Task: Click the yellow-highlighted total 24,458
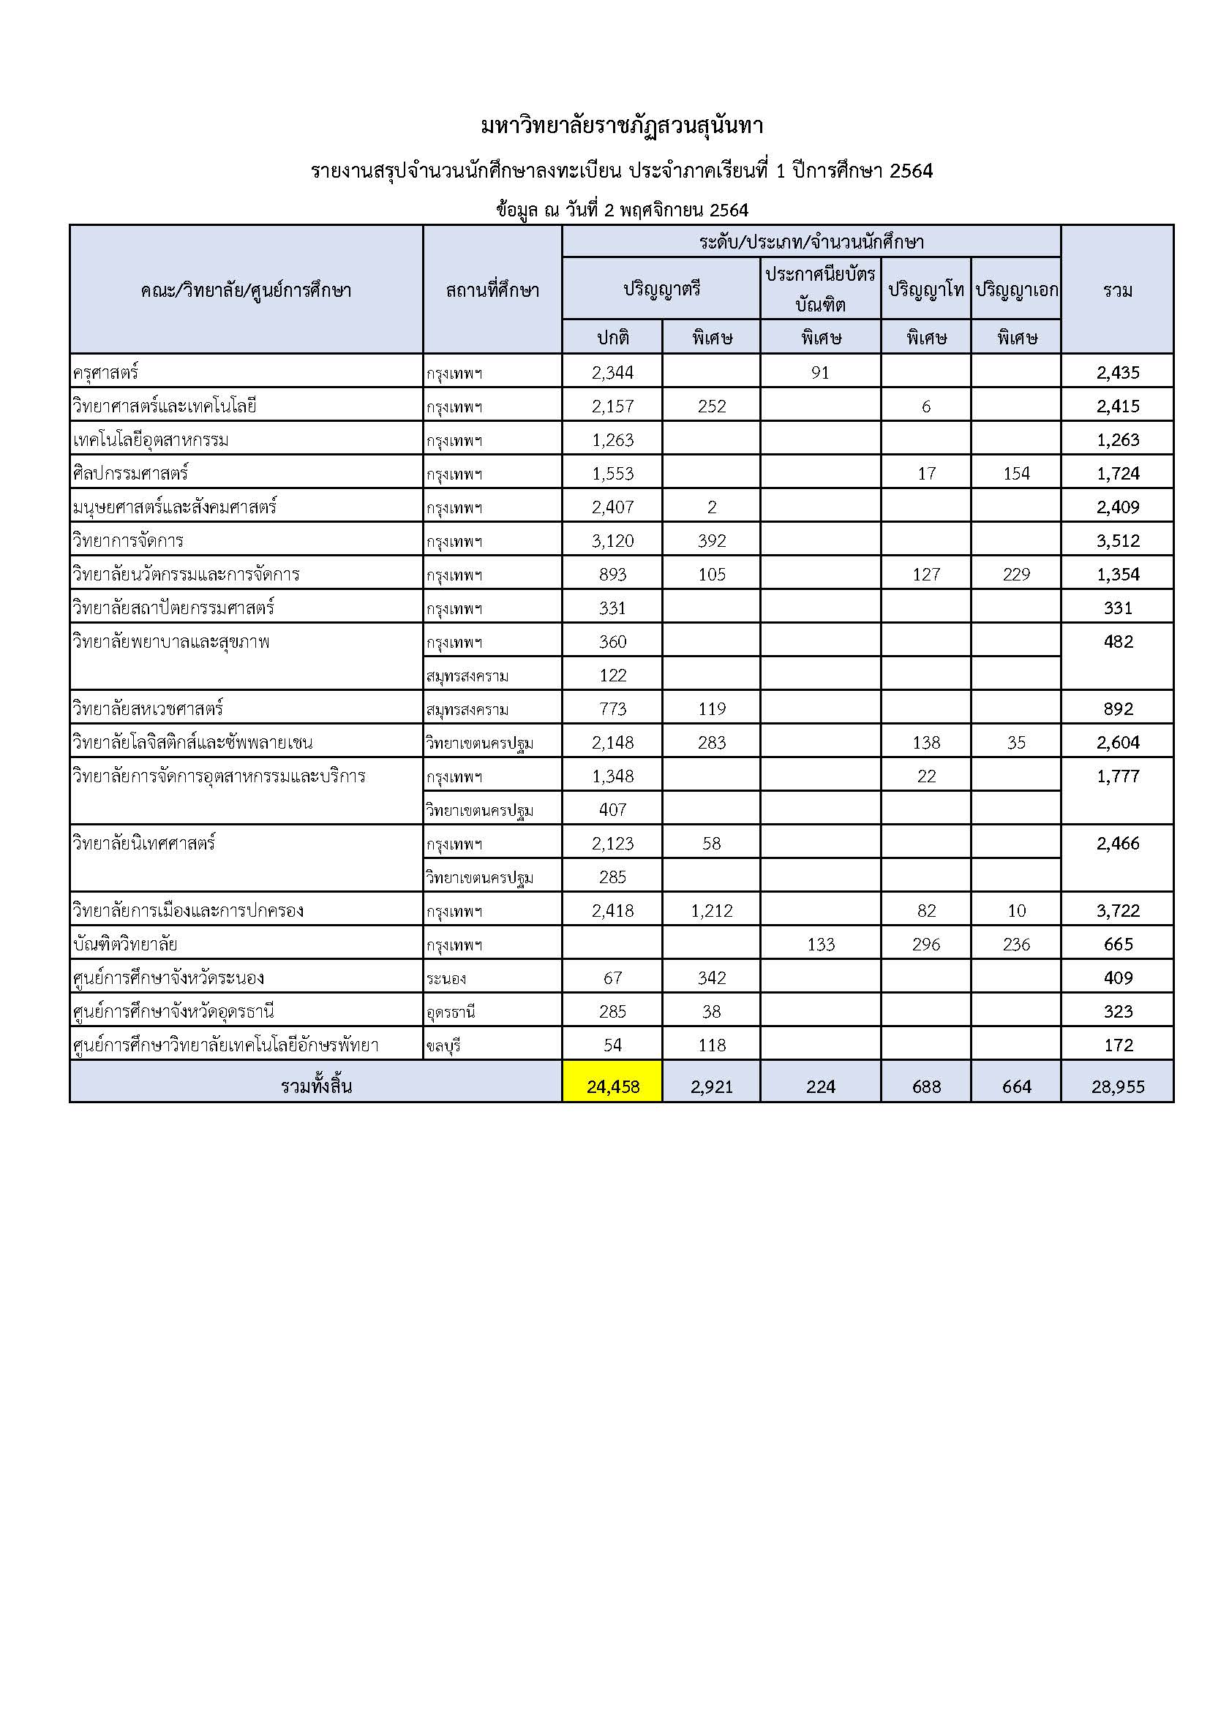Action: (x=612, y=1086)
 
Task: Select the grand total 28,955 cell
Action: (x=1118, y=1086)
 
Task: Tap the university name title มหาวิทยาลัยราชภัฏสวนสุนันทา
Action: (x=622, y=126)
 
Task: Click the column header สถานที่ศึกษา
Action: (x=492, y=290)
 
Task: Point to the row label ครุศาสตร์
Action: (x=106, y=371)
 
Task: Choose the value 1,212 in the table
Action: (x=712, y=911)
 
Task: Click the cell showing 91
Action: (x=820, y=372)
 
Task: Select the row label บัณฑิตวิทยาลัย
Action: (x=125, y=945)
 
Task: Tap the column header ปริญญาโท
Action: (x=926, y=289)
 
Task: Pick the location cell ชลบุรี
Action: (x=443, y=1045)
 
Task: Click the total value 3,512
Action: (x=1118, y=541)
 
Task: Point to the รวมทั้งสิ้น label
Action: (x=316, y=1086)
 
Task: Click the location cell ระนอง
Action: (x=446, y=979)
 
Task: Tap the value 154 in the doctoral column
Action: (x=1016, y=474)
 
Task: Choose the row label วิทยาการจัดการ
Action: (x=128, y=541)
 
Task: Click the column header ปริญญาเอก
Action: (x=1016, y=289)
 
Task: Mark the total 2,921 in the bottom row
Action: (x=712, y=1086)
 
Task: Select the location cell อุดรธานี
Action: (x=451, y=1012)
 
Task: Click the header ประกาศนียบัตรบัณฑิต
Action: (x=820, y=289)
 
